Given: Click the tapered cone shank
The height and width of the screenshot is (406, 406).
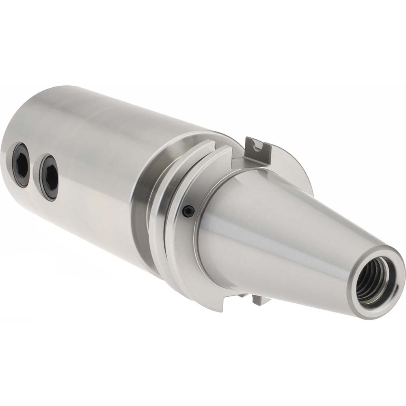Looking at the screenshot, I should click(x=284, y=227).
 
